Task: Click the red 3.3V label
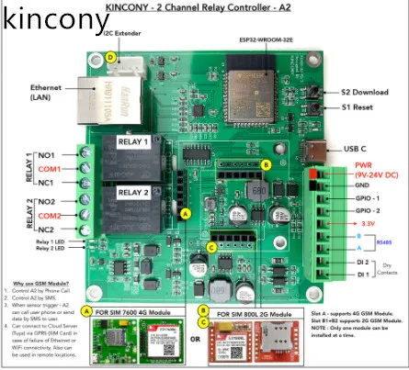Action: pyautogui.click(x=365, y=223)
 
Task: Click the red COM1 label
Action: pyautogui.click(x=49, y=170)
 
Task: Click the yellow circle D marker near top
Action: pyautogui.click(x=110, y=56)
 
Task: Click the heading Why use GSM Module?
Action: pyautogui.click(x=39, y=285)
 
